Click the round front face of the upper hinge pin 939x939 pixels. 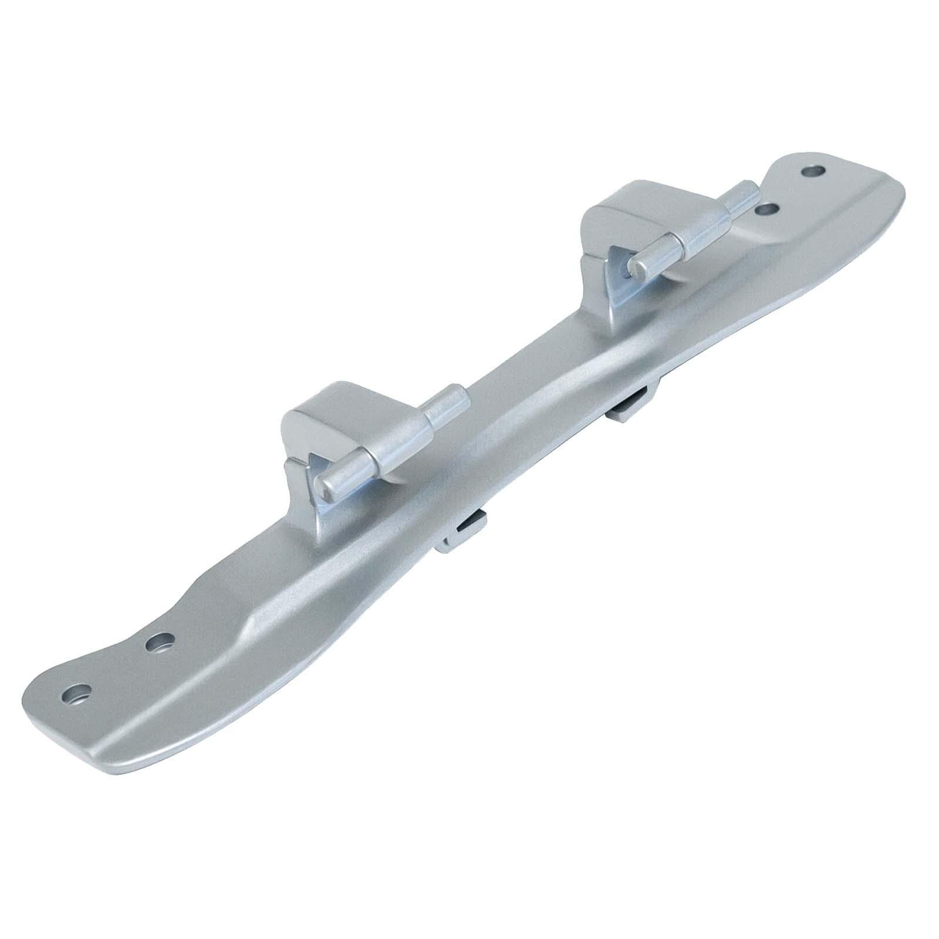[634, 268]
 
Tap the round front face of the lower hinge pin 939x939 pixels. [326, 483]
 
